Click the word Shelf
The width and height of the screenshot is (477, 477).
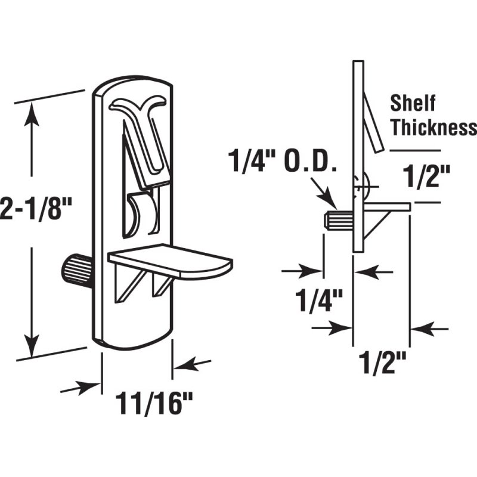pos(413,103)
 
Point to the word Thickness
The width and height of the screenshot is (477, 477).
pos(433,128)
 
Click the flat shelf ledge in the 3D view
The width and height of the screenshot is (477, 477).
pos(173,261)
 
